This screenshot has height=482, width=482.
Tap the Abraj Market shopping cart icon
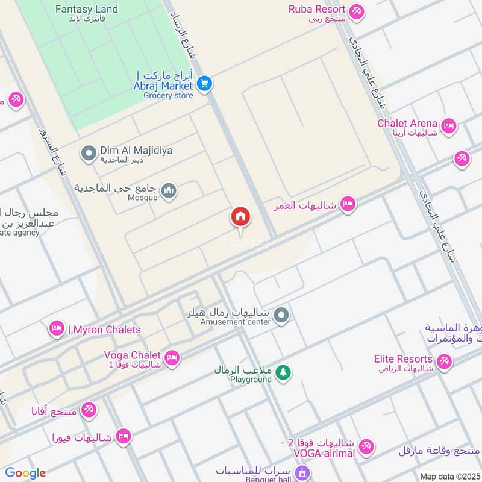point(205,83)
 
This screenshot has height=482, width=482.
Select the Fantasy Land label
point(86,10)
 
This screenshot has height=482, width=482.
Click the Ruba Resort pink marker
point(357,11)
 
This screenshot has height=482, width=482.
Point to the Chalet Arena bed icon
point(448,126)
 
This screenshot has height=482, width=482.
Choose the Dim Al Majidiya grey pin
point(89,154)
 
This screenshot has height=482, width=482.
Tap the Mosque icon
point(170,191)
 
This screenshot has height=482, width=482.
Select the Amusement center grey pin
point(281,315)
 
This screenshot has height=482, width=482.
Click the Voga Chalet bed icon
point(172,358)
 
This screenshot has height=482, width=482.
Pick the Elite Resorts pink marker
point(444,361)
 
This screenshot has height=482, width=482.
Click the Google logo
point(25,473)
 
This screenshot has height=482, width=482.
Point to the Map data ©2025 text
point(449,476)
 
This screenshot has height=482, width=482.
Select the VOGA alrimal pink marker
point(366,447)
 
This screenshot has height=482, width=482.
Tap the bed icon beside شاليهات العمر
point(348,204)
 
